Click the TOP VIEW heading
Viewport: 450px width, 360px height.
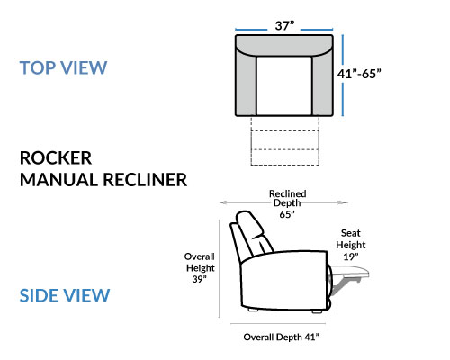point(63,67)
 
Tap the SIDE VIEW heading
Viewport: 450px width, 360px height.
point(65,295)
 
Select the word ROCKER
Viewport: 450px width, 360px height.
point(56,158)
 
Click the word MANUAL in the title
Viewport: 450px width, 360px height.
point(58,180)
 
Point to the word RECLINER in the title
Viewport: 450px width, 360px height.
point(145,180)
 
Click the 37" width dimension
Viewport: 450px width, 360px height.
point(284,26)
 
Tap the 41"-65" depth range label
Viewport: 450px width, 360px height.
point(359,74)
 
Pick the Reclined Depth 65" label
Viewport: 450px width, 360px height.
point(287,204)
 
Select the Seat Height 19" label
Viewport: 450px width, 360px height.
point(351,245)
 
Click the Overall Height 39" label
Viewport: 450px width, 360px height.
point(200,268)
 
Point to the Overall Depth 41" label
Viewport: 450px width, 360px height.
point(281,337)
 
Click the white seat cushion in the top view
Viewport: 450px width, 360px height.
point(284,85)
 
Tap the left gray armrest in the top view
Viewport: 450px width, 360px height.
point(246,84)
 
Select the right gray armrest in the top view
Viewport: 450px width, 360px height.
point(322,84)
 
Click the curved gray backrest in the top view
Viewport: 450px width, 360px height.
point(284,45)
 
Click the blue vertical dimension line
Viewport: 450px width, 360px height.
point(343,75)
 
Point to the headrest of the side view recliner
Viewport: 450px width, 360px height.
point(249,223)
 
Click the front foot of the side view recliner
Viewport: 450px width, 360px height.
point(317,311)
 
